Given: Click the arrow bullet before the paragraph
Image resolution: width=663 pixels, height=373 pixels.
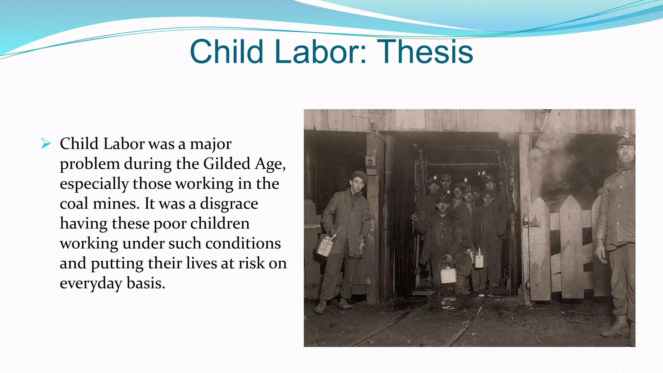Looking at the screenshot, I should pyautogui.click(x=46, y=143).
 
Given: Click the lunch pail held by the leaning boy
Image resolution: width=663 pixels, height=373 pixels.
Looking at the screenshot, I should pyautogui.click(x=325, y=245).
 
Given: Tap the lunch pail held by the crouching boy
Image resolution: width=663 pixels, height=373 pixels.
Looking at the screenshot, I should pyautogui.click(x=448, y=273).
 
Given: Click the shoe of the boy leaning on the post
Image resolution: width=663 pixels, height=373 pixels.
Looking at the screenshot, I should pyautogui.click(x=320, y=306).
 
